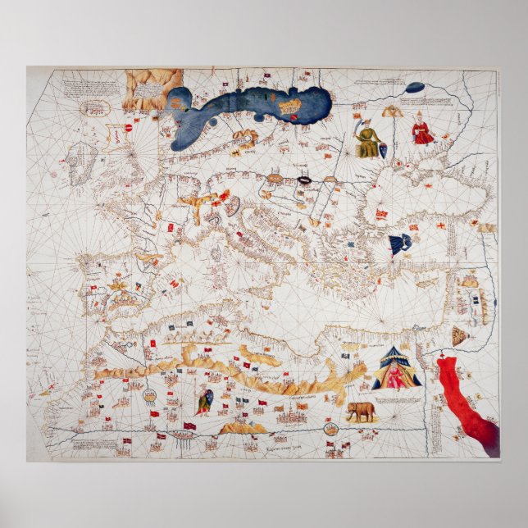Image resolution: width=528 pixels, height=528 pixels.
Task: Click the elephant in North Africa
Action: (x=361, y=411)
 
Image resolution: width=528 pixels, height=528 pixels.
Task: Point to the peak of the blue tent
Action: (x=396, y=348)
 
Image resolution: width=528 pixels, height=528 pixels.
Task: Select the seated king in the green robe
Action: (x=367, y=140)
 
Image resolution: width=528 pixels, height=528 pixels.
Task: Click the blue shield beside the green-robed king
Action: (x=383, y=150)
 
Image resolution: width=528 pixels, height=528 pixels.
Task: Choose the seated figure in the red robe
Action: (x=422, y=130)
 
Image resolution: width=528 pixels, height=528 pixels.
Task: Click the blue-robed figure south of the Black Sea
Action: (x=400, y=244)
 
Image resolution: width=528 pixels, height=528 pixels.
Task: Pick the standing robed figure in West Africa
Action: (x=203, y=401)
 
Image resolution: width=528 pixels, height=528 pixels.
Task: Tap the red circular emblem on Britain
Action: (x=128, y=128)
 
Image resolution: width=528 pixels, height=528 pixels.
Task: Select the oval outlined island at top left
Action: (x=95, y=107)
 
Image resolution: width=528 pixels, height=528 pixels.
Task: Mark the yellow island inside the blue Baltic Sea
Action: (x=289, y=105)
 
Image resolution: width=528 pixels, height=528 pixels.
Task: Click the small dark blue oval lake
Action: (x=415, y=87)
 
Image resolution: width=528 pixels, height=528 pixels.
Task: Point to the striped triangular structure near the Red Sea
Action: (x=460, y=335)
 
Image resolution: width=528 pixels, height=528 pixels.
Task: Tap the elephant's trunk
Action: (x=348, y=415)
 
